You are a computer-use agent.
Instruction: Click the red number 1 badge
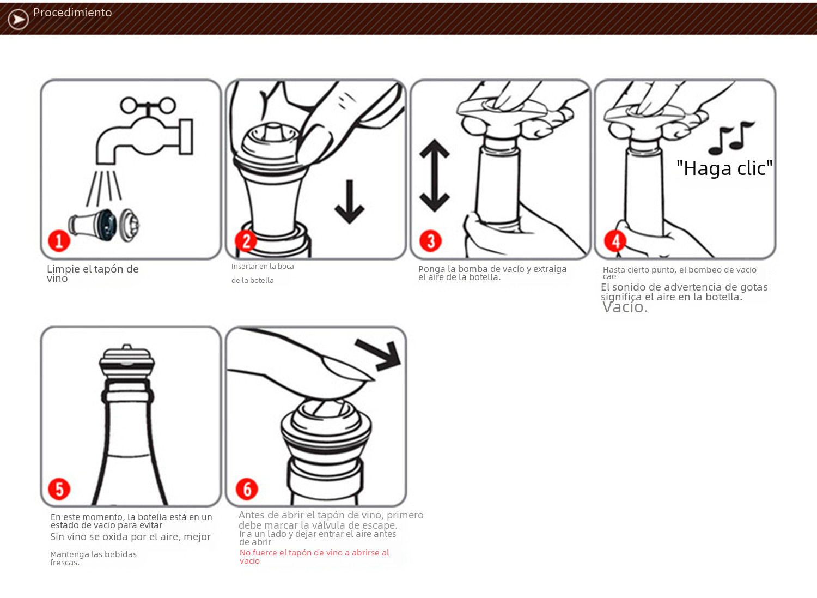59,241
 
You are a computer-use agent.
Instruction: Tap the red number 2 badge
246,241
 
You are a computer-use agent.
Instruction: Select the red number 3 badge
430,241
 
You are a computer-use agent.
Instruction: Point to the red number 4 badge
615,241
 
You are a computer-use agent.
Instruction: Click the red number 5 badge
59,489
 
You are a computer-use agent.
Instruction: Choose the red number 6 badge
247,489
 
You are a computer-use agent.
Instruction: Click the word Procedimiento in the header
72,13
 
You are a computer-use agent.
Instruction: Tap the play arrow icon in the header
18,19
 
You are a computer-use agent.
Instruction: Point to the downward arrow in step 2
350,202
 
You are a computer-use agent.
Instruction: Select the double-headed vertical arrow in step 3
435,176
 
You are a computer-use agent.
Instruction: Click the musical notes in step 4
731,137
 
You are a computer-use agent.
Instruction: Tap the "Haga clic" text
724,168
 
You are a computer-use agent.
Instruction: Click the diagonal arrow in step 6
379,355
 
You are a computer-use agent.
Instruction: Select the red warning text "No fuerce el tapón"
314,557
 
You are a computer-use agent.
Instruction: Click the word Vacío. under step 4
625,307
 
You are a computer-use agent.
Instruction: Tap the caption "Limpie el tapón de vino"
93,274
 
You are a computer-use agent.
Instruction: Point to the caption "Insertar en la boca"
263,267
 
